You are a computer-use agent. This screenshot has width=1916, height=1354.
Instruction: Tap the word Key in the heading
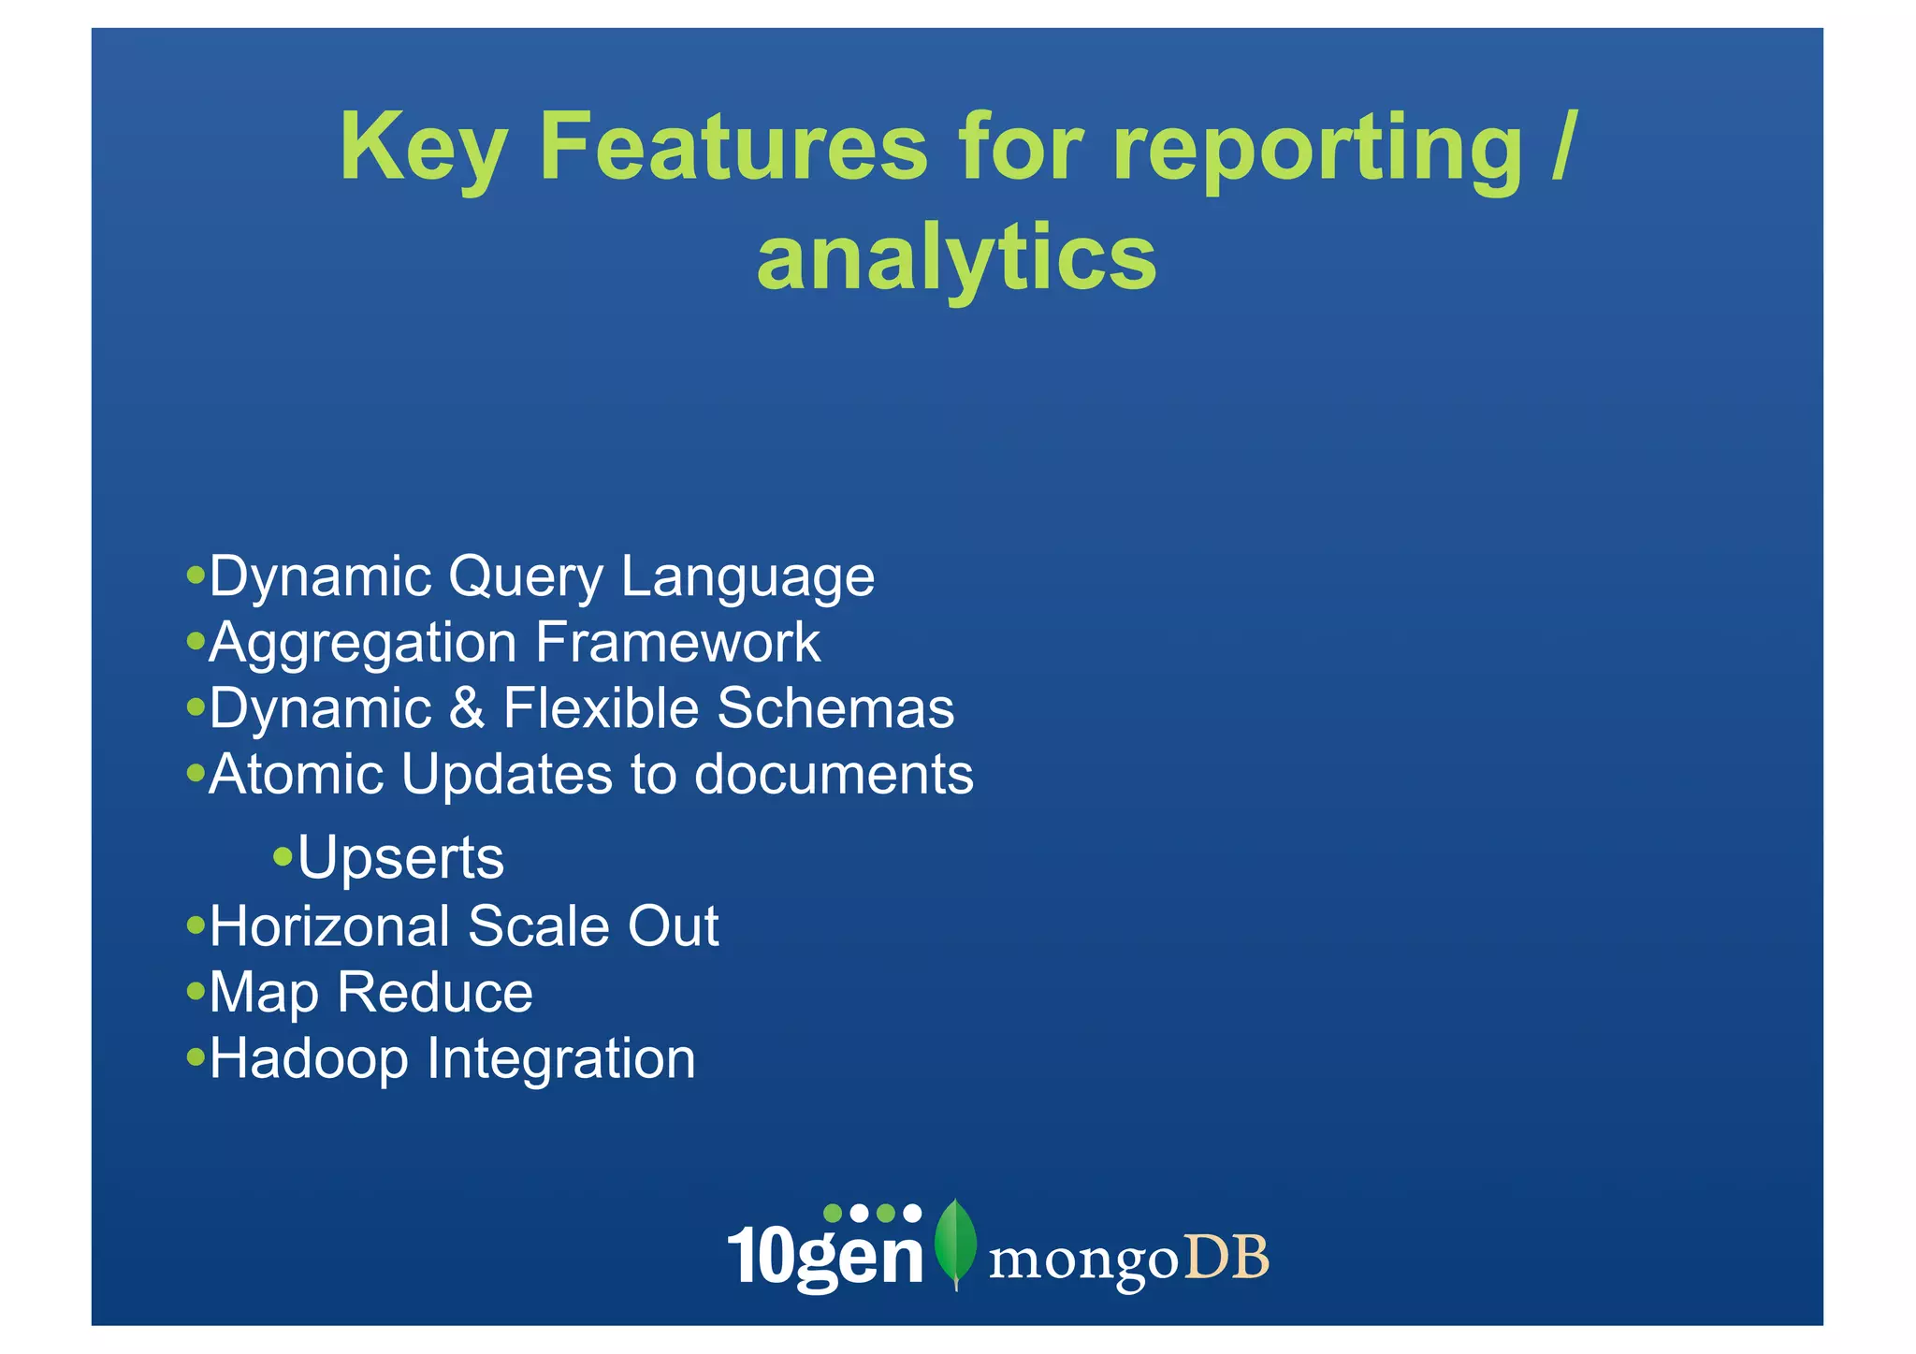coord(423,148)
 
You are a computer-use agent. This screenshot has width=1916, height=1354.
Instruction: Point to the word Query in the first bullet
coord(526,577)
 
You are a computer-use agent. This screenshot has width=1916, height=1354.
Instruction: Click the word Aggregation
coord(362,645)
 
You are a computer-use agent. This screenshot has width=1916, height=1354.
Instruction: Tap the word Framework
coord(677,643)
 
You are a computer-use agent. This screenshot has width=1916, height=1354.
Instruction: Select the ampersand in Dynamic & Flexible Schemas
coord(467,708)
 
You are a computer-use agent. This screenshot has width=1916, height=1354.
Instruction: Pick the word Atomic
coord(296,775)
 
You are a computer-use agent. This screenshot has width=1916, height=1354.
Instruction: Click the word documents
coord(833,775)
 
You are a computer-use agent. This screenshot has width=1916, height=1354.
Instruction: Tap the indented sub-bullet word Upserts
coord(400,858)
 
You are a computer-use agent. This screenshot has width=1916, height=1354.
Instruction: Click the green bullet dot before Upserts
coord(283,856)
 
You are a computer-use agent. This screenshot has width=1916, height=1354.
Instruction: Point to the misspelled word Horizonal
coord(329,926)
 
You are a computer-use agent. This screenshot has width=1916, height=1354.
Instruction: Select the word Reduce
coord(435,993)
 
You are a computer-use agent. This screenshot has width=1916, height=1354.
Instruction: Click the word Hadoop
coord(309,1060)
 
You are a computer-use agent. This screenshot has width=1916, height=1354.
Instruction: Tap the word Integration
coord(561,1060)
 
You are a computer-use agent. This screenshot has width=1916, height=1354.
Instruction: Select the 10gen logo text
coord(825,1255)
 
